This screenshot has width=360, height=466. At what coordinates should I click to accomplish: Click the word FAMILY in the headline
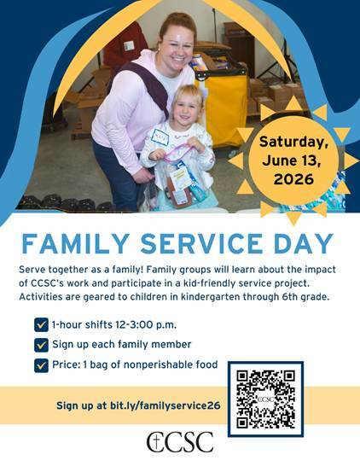[76, 244]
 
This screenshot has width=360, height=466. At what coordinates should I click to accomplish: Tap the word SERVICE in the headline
[201, 244]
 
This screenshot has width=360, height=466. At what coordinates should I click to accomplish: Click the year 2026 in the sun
[293, 179]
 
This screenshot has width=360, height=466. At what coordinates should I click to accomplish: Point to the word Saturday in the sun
[293, 142]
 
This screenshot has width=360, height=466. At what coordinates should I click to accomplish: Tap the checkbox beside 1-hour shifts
[41, 325]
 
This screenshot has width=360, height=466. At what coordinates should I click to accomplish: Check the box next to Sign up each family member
[41, 345]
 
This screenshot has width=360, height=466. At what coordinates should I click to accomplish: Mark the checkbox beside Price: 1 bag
[41, 365]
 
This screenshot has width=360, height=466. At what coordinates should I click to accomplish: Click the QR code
[266, 399]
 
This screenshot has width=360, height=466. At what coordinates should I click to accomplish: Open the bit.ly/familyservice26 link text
[165, 405]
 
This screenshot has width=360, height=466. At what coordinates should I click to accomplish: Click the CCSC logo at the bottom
[180, 442]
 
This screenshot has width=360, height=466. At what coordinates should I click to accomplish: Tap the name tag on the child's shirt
[160, 137]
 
